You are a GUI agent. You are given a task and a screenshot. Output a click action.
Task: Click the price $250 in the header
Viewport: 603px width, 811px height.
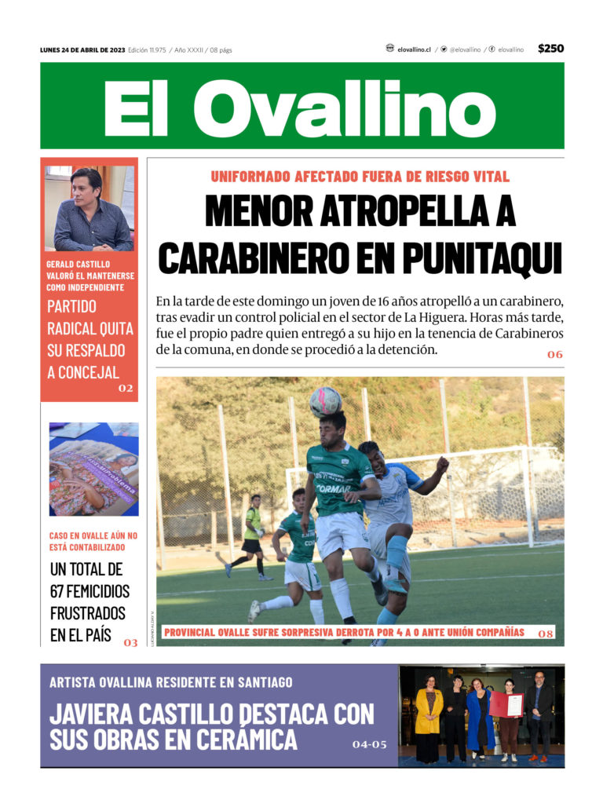(x=550, y=49)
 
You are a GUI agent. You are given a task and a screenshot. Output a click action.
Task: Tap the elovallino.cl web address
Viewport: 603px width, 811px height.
(x=414, y=49)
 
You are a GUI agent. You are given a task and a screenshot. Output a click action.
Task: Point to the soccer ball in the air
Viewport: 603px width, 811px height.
(x=325, y=401)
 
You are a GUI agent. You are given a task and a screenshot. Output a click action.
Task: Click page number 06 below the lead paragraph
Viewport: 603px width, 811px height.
(x=554, y=355)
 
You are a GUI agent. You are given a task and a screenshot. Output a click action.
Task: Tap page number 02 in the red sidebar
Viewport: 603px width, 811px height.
(x=126, y=388)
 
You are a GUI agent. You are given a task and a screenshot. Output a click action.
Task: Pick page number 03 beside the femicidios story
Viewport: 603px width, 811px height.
(x=130, y=643)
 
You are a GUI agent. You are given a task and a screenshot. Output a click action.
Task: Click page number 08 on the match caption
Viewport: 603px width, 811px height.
(x=546, y=633)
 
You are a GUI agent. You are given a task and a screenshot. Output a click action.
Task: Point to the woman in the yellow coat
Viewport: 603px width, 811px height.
(x=429, y=714)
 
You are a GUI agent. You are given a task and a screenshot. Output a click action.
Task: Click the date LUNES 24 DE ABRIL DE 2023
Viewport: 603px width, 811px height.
(x=82, y=49)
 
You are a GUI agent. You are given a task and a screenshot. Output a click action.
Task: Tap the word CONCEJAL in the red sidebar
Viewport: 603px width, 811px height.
(x=83, y=372)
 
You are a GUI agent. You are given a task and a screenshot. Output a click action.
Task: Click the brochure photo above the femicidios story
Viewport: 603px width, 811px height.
(x=93, y=469)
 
